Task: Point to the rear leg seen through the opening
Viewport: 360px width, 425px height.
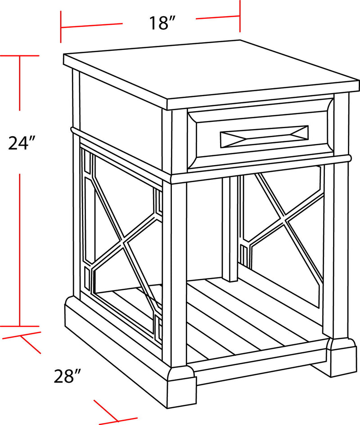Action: coord(230,229)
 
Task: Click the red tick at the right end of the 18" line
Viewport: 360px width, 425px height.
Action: coord(240,17)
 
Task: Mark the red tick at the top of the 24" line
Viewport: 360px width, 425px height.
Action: coord(19,55)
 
